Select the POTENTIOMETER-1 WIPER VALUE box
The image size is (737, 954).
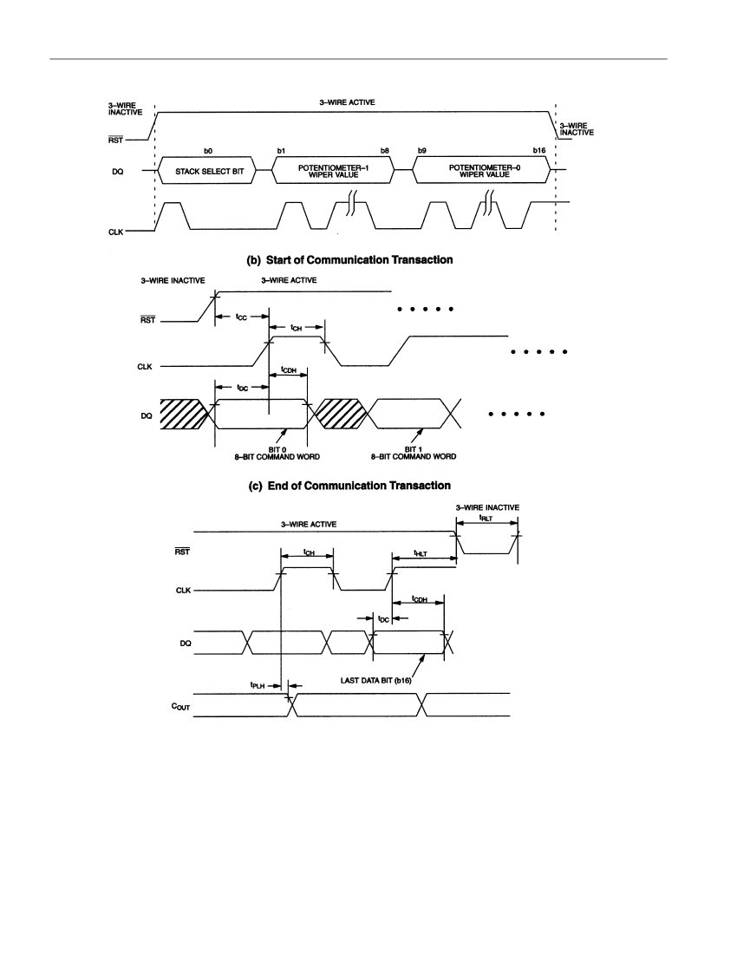[x=333, y=171]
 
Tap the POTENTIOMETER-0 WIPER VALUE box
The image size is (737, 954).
[x=482, y=171]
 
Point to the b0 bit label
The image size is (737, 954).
[x=208, y=150]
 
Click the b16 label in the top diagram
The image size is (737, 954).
[x=538, y=150]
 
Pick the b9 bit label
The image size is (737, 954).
[x=422, y=150]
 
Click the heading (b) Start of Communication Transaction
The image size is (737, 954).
[x=349, y=260]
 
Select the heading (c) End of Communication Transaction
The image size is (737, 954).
[x=349, y=486]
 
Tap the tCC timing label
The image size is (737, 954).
[x=241, y=317]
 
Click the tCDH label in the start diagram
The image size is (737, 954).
[x=289, y=370]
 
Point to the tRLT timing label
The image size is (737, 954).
[x=486, y=519]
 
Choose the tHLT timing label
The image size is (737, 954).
[x=421, y=553]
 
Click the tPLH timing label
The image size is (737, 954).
[x=258, y=685]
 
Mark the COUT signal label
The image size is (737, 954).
[x=180, y=706]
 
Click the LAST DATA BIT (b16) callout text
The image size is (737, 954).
[x=375, y=680]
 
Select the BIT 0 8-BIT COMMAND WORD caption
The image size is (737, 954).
[x=277, y=454]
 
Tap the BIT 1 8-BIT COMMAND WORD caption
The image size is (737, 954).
[x=414, y=454]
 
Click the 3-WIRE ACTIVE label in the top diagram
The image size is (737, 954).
[x=347, y=102]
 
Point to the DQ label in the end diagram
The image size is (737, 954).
[x=186, y=644]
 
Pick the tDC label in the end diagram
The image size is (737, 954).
[x=383, y=619]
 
